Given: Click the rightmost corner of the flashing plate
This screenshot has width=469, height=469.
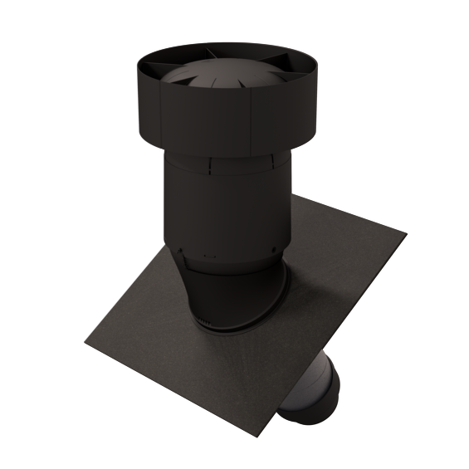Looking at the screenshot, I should click(x=406, y=233).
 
